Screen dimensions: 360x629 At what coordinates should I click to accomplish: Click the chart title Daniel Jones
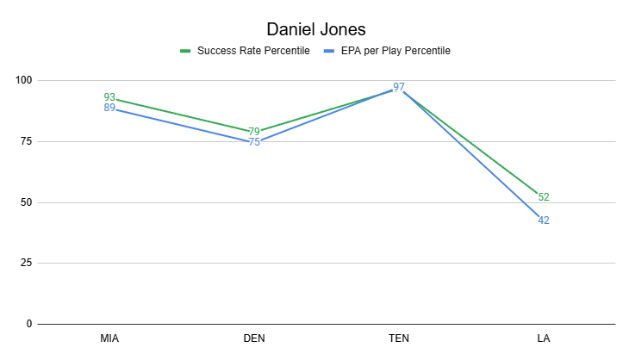pos(314,28)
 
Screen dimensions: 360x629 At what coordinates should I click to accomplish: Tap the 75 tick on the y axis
pos(26,141)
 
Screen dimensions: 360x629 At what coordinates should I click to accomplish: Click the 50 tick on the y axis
pos(26,202)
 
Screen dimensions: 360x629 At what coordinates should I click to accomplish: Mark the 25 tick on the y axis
pos(26,264)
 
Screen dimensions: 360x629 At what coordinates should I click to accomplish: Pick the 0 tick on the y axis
pos(28,325)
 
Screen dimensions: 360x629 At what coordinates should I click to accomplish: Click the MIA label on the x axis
pos(109,338)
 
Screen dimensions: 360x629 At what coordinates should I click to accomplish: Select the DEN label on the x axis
pos(254,338)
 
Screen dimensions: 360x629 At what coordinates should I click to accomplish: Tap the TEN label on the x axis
pos(399,338)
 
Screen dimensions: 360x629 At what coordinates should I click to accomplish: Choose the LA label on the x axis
pos(544,338)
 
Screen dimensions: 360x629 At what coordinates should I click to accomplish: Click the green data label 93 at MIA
pos(109,97)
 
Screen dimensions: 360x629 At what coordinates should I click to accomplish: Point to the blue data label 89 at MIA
pos(109,108)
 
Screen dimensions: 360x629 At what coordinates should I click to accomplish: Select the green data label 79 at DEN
pos(254,132)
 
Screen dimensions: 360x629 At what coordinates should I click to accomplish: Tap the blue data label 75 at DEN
pos(254,142)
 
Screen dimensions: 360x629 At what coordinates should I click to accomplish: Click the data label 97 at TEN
pos(399,87)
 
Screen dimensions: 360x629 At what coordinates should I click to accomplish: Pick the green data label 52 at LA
pos(544,197)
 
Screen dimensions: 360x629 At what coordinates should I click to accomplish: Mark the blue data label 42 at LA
pos(544,221)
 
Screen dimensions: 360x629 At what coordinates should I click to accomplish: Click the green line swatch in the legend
pos(185,51)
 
